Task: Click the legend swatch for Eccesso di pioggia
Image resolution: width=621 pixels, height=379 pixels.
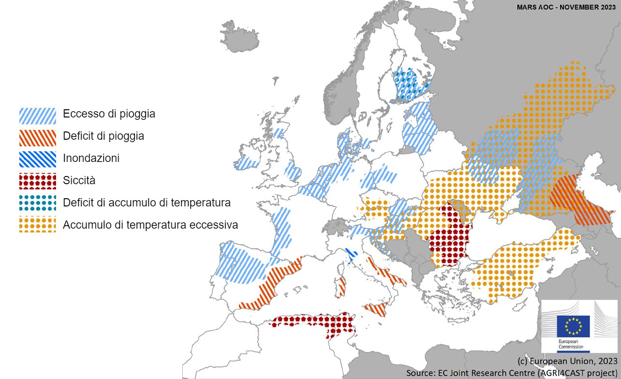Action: click(38, 115)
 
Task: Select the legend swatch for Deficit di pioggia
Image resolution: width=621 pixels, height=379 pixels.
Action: click(38, 137)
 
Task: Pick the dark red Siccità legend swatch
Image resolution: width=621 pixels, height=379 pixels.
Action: click(38, 181)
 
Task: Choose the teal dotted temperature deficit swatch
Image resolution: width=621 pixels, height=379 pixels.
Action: click(38, 203)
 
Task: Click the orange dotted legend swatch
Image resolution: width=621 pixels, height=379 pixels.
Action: click(38, 225)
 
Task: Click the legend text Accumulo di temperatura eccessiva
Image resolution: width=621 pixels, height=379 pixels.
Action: click(150, 225)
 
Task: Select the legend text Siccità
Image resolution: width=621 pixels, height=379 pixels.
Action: click(79, 181)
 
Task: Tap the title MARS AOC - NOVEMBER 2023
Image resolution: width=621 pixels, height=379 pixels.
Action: click(566, 8)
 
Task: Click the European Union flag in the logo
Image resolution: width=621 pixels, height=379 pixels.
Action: click(573, 326)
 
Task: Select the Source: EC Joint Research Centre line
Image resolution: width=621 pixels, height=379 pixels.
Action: click(512, 373)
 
